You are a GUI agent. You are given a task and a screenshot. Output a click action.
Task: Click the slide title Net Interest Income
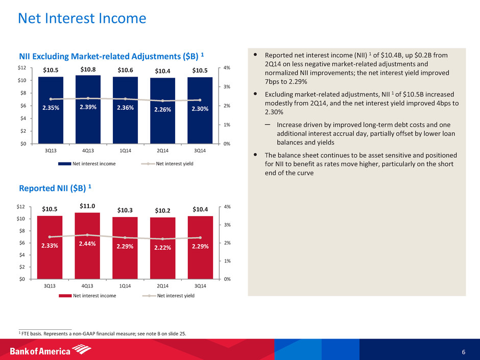82,19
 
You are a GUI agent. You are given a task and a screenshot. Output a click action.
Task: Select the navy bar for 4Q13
87,117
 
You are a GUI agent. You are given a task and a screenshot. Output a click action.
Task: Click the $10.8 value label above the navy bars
88,69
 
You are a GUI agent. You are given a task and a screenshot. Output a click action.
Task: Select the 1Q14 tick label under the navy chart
125,150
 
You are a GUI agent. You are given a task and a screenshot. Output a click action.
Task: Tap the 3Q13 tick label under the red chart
50,285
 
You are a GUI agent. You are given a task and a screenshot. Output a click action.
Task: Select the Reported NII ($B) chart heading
55,188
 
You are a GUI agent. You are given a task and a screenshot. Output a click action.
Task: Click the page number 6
463,352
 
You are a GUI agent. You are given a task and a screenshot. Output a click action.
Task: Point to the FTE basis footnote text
102,334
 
